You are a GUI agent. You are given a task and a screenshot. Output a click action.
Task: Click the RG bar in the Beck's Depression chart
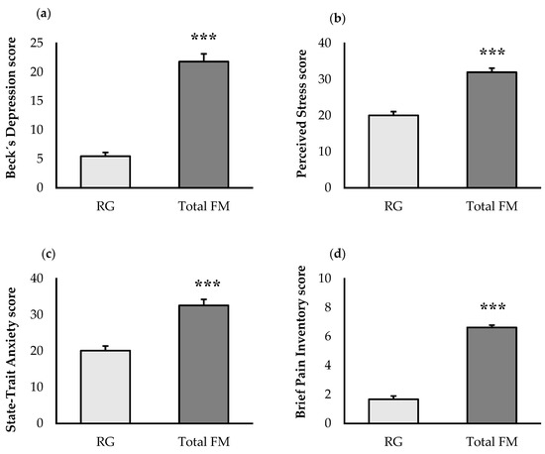click(107, 170)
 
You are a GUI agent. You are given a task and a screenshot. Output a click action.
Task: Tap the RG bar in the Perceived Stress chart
click(378, 151)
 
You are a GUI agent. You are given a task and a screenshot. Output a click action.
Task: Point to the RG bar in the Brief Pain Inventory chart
click(378, 410)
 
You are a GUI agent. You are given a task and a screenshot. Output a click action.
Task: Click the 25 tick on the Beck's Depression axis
click(37, 43)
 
